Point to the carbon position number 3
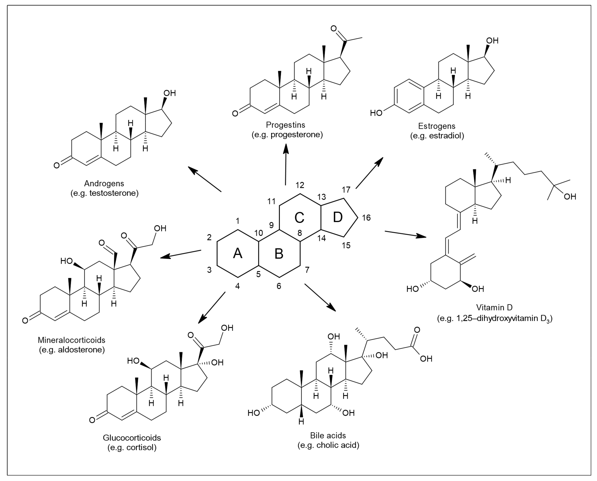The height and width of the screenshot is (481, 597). click(209, 270)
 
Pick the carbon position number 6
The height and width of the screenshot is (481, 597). click(279, 286)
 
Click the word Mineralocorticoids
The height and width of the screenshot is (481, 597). click(72, 340)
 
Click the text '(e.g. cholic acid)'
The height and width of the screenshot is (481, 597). click(328, 445)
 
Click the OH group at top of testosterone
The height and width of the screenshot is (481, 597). click(170, 93)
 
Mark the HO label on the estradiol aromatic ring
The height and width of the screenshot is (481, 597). click(376, 113)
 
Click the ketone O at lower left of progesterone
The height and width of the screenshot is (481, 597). click(235, 114)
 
